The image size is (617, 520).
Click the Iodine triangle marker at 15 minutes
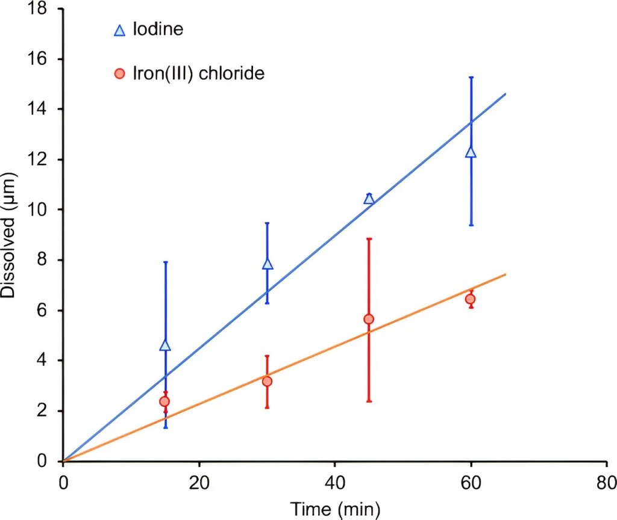coord(166,345)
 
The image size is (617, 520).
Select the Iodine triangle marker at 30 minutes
coord(268,264)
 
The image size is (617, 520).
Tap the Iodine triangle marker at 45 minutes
coord(369,199)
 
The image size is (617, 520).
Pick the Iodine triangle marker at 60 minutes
coord(471,152)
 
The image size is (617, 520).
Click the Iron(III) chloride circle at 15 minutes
coord(164,401)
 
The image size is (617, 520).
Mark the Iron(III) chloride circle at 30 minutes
coord(267,381)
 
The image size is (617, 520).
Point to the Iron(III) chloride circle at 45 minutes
coord(369,319)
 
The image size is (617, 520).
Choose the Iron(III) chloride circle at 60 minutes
coord(471,299)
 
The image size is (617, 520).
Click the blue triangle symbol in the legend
coord(119,30)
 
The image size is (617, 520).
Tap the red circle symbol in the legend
coord(119,74)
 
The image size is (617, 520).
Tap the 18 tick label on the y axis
coord(40,9)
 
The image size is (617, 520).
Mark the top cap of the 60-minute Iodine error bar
coord(471,77)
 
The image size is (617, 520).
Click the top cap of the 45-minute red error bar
coord(369,238)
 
